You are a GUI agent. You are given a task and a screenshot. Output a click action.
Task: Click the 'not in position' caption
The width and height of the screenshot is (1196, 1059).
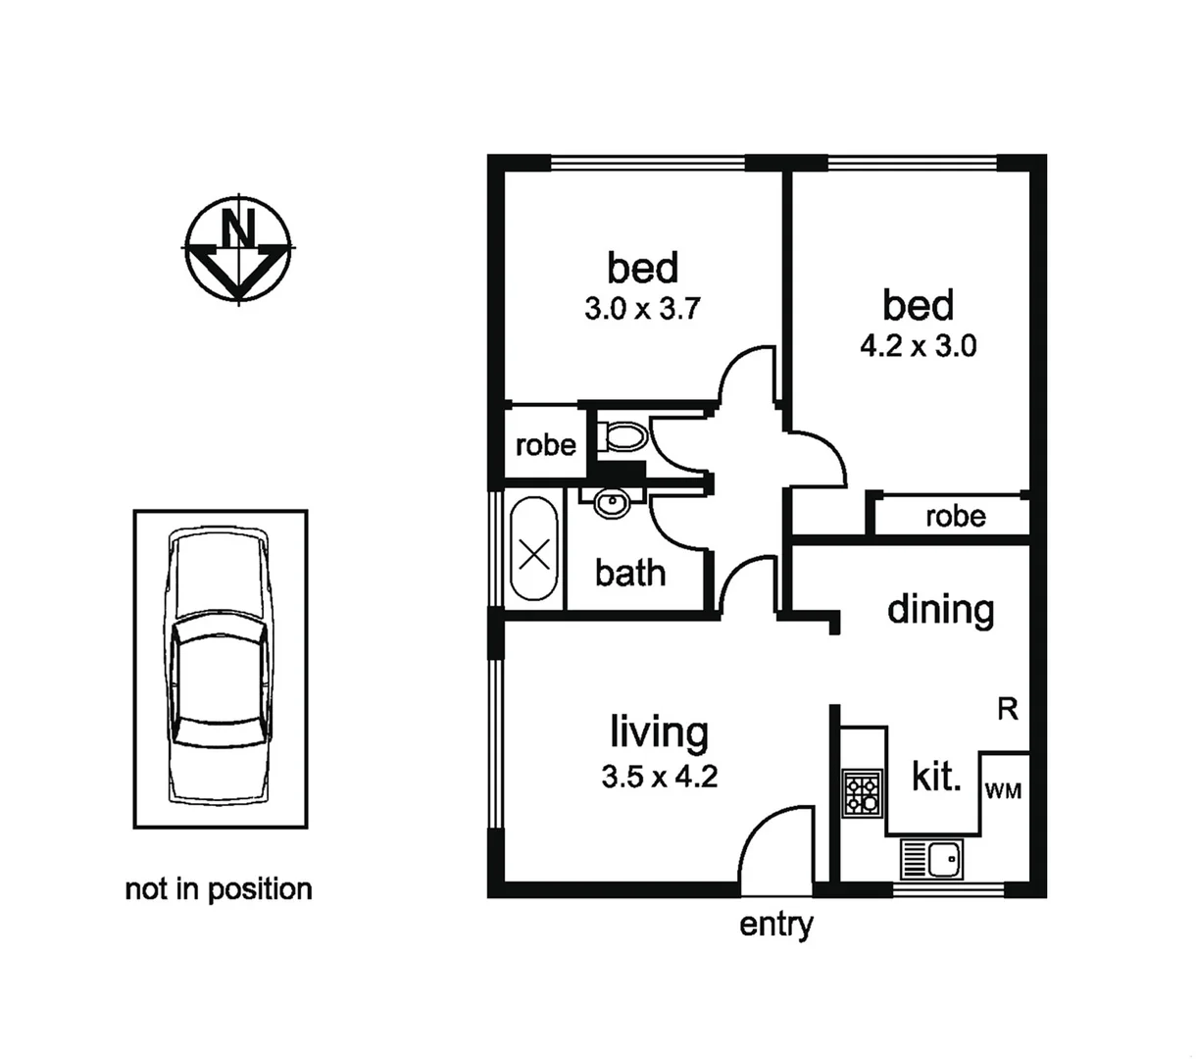click(x=219, y=889)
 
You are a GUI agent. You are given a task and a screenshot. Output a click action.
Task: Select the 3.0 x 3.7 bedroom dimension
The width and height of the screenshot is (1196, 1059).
click(x=641, y=309)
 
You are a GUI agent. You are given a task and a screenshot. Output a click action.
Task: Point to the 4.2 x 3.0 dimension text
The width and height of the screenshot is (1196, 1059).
click(x=918, y=346)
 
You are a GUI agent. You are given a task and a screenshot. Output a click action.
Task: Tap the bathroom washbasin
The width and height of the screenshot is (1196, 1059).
click(x=612, y=504)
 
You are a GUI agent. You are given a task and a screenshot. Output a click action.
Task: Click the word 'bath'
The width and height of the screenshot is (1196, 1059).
click(x=630, y=573)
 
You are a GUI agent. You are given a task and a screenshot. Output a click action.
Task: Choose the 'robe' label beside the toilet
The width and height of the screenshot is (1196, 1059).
click(x=545, y=445)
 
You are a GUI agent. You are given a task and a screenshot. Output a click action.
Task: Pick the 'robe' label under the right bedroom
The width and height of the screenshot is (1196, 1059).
click(x=955, y=516)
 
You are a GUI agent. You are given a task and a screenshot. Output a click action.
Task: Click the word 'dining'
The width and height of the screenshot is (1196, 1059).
click(x=940, y=610)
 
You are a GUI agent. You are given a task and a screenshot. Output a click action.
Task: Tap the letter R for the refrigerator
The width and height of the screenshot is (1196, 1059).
click(x=1007, y=709)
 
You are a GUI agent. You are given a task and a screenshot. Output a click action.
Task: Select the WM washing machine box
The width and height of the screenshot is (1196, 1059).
click(x=1003, y=790)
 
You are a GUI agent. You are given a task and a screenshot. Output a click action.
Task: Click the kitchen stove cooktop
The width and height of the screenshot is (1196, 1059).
click(x=863, y=794)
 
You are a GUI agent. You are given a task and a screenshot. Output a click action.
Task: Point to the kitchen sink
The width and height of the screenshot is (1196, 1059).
click(x=934, y=861)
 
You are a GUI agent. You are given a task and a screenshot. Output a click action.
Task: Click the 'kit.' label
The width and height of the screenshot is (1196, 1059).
click(x=936, y=778)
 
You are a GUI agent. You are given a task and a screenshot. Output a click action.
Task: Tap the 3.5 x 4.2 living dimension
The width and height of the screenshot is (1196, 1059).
click(x=659, y=778)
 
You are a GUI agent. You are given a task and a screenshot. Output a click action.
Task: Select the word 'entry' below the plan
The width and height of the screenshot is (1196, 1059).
click(x=775, y=924)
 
